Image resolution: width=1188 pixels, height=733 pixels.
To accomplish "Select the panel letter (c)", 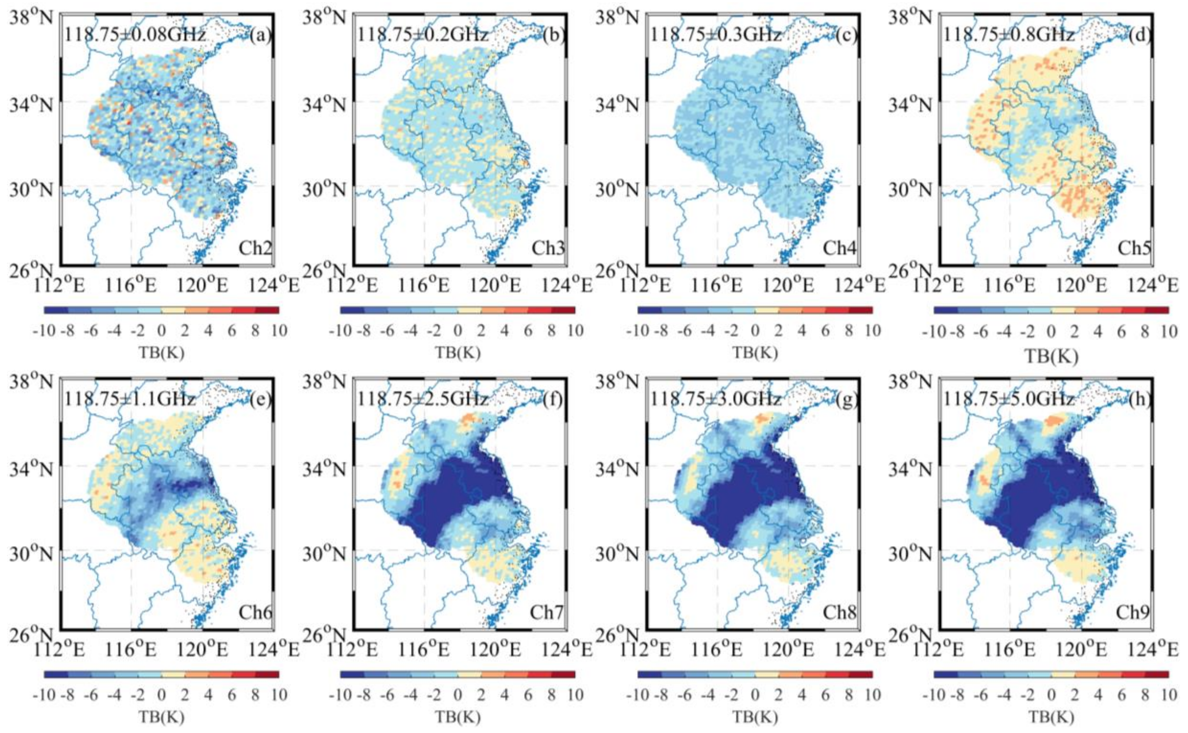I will click(848, 36).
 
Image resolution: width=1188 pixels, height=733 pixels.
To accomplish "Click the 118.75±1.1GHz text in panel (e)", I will click(130, 399).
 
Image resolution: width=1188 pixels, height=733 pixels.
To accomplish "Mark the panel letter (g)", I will click(848, 400).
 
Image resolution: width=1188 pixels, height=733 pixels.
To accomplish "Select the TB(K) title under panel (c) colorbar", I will click(755, 352).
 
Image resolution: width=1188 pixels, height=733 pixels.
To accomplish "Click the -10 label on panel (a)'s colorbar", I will click(43, 331).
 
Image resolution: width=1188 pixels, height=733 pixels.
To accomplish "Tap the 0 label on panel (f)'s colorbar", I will click(458, 695).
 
